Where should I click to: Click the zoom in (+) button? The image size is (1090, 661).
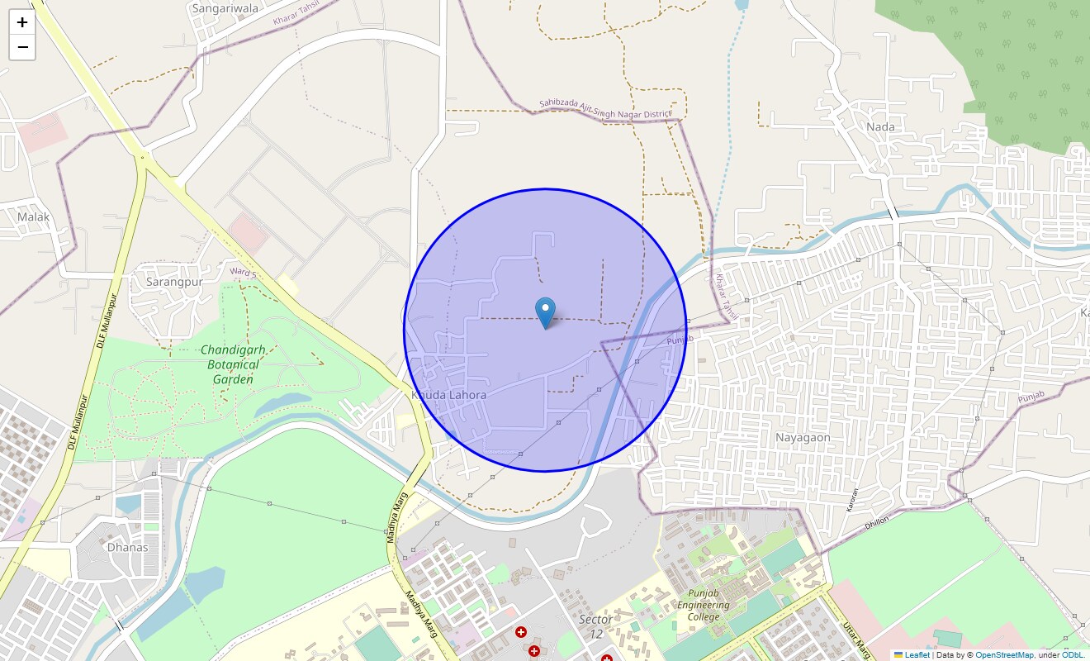pyautogui.click(x=22, y=22)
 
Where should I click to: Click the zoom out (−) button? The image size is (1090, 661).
pyautogui.click(x=22, y=48)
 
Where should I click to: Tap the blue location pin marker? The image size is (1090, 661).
pyautogui.click(x=545, y=313)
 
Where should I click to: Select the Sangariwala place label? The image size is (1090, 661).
pyautogui.click(x=225, y=8)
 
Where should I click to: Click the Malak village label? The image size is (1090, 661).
pyautogui.click(x=34, y=216)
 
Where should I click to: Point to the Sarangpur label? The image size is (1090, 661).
pyautogui.click(x=174, y=281)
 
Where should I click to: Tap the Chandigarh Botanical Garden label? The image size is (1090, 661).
pyautogui.click(x=233, y=364)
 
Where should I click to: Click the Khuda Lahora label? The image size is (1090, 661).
pyautogui.click(x=449, y=395)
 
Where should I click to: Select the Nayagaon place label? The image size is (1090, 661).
pyautogui.click(x=803, y=437)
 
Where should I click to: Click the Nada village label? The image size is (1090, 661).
pyautogui.click(x=881, y=126)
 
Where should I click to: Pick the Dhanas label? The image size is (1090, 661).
pyautogui.click(x=128, y=547)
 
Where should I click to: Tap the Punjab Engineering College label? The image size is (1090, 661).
pyautogui.click(x=704, y=605)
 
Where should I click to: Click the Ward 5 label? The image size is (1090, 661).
pyautogui.click(x=244, y=271)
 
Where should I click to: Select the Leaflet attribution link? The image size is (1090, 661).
pyautogui.click(x=917, y=655)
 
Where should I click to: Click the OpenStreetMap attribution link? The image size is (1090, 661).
pyautogui.click(x=1004, y=655)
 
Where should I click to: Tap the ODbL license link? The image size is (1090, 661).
pyautogui.click(x=1073, y=655)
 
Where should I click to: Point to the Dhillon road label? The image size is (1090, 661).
pyautogui.click(x=877, y=521)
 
